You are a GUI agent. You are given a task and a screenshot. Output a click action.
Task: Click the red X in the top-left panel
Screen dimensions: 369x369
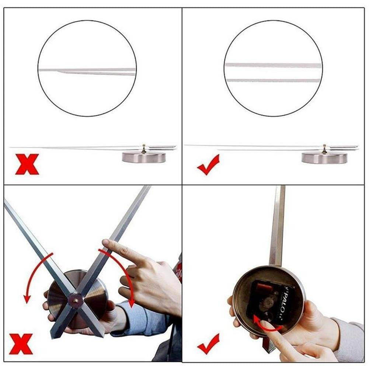point(27,164)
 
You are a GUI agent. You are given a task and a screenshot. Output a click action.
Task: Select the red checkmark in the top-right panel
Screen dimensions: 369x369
point(208,165)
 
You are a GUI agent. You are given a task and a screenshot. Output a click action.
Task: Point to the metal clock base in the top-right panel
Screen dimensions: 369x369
point(324,158)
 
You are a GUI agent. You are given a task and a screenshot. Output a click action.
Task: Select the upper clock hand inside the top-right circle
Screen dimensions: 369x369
point(273,65)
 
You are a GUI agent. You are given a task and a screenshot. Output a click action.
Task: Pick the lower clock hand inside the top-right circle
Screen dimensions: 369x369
point(273,80)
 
